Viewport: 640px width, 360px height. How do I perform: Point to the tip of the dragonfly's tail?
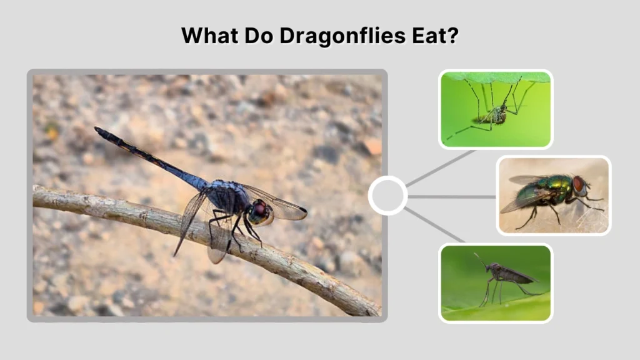[x=97, y=130]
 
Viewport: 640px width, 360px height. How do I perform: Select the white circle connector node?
[x=387, y=196]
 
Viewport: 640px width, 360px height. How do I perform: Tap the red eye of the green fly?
[x=579, y=184]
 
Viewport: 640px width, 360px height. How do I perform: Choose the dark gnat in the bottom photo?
[x=509, y=274]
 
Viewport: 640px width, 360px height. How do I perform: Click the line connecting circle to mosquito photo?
[x=440, y=168]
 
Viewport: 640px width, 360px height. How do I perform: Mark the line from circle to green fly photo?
[x=451, y=196]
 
